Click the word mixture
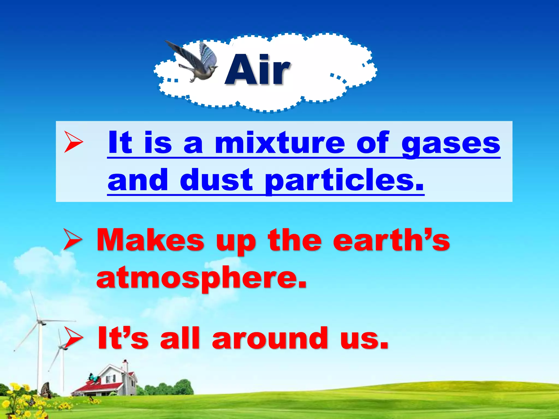click(280, 143)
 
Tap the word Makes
click(150, 240)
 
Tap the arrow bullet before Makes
click(73, 239)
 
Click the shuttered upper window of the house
click(111, 379)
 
